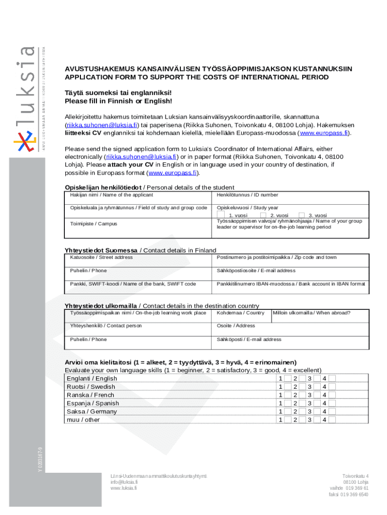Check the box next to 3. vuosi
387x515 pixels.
tap(302, 215)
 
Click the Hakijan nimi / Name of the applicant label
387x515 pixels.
tap(112, 195)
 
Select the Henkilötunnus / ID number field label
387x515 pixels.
tap(247, 195)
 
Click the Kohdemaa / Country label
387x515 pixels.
tap(240, 313)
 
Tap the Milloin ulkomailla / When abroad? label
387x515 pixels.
tap(311, 313)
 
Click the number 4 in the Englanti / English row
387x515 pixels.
tap(325, 379)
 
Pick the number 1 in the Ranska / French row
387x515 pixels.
tap(280, 395)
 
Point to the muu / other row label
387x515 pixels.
tap(83, 420)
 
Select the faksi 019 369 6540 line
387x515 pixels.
tap(348, 494)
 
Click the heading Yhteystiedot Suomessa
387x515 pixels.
tap(101, 250)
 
